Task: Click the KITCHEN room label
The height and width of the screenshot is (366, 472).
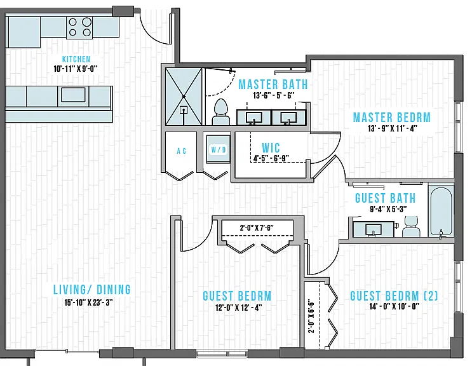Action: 76,59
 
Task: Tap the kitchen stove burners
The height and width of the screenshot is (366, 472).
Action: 79,28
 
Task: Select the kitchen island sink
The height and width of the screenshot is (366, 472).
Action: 73,95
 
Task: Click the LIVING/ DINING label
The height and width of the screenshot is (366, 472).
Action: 92,290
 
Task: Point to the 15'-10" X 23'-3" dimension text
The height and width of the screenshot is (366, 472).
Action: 88,302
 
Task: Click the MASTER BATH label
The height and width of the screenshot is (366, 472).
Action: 273,85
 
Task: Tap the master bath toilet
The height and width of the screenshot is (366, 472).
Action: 221,112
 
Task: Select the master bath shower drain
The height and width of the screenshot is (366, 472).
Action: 184,110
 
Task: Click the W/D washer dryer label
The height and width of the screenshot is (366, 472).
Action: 219,149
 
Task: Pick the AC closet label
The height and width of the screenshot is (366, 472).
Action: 181,151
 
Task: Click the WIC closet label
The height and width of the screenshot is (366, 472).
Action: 271,148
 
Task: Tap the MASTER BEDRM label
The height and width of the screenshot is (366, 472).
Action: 391,117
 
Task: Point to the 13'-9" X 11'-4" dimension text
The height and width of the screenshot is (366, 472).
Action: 392,128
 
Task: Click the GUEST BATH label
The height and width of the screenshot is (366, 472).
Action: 386,198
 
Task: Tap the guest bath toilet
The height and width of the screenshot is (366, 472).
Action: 411,226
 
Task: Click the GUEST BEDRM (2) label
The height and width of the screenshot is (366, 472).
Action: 394,295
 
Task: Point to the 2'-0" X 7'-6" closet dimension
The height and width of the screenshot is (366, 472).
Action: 257,228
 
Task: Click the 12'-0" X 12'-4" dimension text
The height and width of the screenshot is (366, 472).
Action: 238,308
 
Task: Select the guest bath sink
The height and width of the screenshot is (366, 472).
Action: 374,229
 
